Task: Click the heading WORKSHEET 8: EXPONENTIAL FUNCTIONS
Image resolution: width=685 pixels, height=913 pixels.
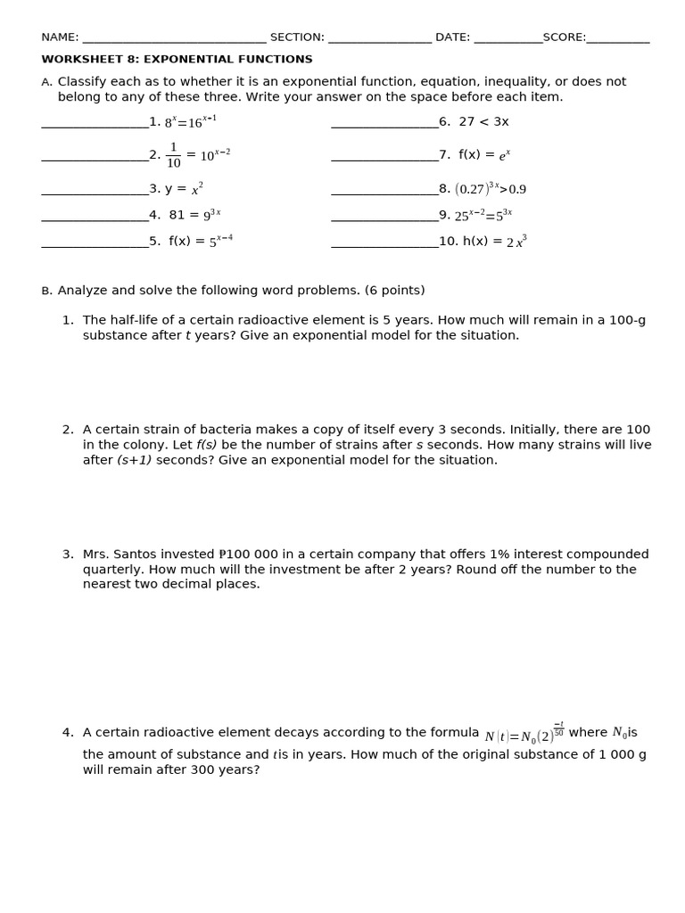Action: (177, 60)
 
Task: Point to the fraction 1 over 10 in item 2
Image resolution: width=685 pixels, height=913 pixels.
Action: (173, 155)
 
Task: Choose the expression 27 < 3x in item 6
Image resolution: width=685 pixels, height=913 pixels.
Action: (483, 122)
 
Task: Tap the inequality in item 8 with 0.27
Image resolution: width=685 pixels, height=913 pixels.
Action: (491, 189)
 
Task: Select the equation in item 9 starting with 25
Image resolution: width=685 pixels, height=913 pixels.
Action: (483, 215)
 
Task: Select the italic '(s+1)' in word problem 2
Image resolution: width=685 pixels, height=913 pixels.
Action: (134, 460)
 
